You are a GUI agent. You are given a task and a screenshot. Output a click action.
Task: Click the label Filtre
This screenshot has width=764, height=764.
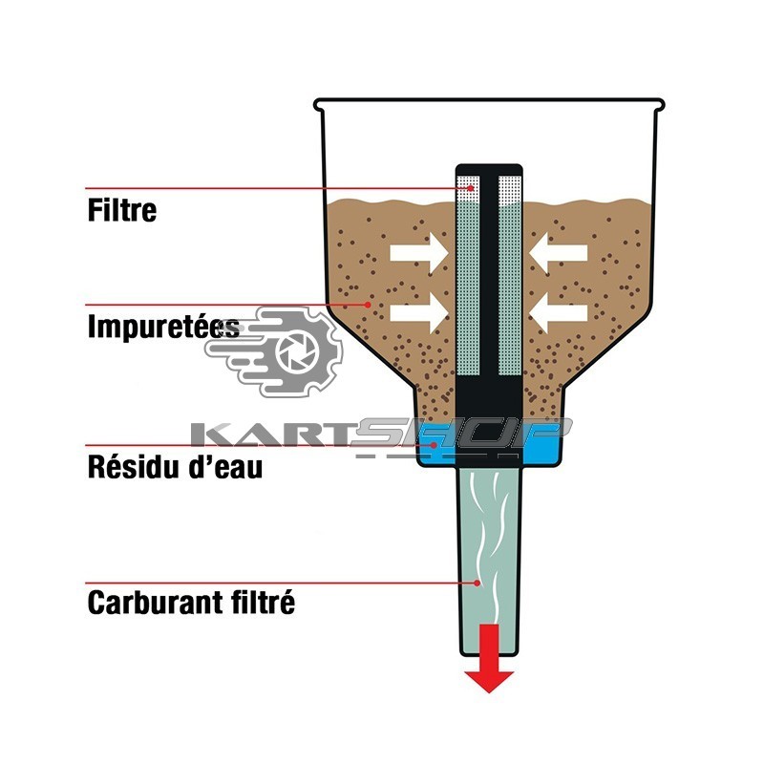point(121,209)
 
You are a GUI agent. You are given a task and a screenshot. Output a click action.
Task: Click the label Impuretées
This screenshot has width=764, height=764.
point(162,328)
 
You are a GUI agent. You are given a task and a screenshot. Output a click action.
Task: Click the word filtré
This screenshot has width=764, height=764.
point(261,604)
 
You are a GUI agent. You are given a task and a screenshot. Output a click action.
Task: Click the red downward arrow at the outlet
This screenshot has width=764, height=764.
point(489,657)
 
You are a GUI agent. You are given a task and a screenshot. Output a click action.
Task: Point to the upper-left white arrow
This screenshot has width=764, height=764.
point(417,252)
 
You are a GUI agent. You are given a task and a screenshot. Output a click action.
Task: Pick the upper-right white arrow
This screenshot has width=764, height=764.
point(559,252)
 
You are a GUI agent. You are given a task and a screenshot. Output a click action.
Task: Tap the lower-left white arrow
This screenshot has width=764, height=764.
point(417,310)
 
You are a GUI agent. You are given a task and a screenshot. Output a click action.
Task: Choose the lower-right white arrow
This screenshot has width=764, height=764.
point(559,310)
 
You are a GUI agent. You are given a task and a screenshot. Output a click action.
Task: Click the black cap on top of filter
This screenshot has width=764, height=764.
point(488,168)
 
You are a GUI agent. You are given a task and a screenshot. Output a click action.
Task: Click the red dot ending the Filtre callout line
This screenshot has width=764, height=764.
point(472,188)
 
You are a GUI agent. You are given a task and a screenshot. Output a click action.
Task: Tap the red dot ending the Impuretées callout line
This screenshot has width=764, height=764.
point(370,305)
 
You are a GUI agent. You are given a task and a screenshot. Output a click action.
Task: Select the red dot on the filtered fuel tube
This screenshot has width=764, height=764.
point(477,582)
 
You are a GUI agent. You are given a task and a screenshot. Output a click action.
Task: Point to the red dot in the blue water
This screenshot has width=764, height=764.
point(435,445)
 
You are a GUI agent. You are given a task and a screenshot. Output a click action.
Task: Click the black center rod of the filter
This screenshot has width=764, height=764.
point(488,277)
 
